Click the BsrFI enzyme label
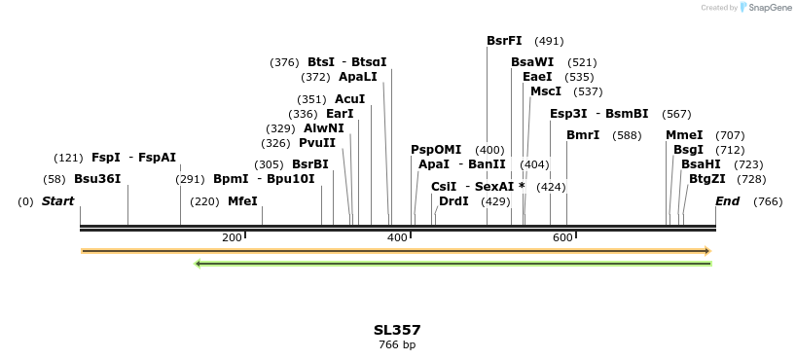click(x=504, y=41)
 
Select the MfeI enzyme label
click(x=242, y=201)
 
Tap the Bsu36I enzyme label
click(x=97, y=179)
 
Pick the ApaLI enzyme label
click(x=358, y=77)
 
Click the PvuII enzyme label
click(x=317, y=143)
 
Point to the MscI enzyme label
click(x=546, y=91)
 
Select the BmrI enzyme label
click(x=583, y=135)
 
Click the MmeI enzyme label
click(x=684, y=135)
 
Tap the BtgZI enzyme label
click(x=707, y=179)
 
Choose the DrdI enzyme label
click(x=453, y=201)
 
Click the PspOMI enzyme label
click(x=436, y=150)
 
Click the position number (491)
click(x=549, y=41)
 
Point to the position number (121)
click(x=68, y=158)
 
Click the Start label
click(x=57, y=201)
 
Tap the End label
click(x=728, y=201)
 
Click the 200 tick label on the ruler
click(x=232, y=238)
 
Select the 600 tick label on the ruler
click(x=562, y=238)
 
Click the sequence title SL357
click(x=397, y=331)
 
